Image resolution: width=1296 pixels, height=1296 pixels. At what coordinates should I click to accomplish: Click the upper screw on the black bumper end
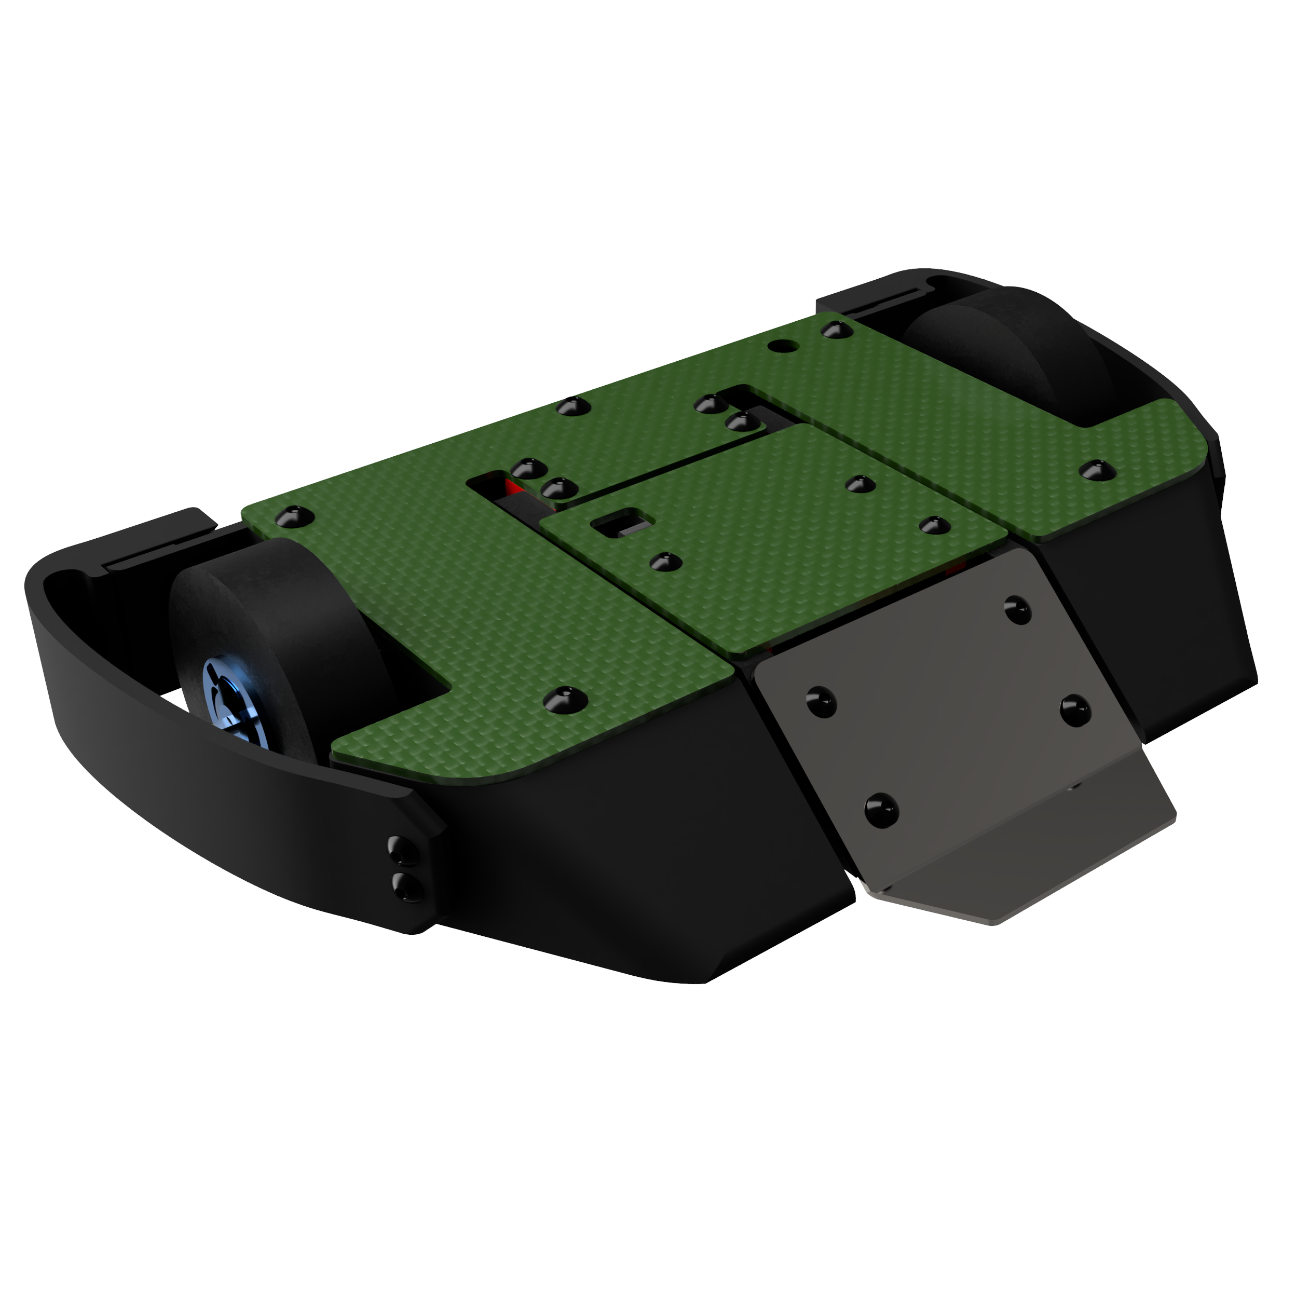(x=402, y=851)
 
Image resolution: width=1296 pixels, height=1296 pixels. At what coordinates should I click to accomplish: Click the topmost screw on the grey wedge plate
(x=1018, y=609)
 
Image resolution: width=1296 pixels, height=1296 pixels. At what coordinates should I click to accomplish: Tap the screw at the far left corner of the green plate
(x=293, y=516)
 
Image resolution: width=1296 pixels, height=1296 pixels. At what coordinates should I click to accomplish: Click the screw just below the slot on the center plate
(x=665, y=561)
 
